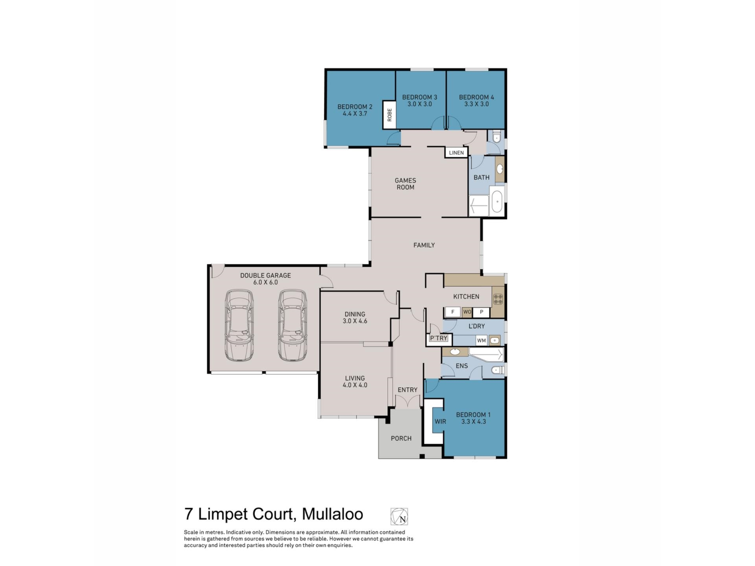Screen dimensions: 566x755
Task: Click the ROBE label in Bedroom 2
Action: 389,115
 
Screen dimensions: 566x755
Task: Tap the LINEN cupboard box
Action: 456,153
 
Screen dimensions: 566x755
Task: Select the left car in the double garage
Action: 239,325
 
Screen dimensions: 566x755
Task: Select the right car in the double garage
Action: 292,325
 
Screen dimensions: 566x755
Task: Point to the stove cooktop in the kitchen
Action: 498,299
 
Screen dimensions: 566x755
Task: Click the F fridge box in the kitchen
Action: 453,312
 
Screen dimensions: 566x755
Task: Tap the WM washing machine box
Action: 481,340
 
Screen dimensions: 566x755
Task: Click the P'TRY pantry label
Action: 438,338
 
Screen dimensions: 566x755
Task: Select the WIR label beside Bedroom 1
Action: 440,421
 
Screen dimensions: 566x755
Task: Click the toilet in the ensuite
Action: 497,370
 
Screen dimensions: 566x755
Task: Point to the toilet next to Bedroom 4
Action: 496,137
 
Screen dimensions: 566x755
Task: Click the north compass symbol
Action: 399,516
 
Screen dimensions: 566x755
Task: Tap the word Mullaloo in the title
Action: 332,514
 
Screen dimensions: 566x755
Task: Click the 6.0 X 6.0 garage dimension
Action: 265,283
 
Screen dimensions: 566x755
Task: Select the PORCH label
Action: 401,438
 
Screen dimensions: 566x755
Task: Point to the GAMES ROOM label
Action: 405,184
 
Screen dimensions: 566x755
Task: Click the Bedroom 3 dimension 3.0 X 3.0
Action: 420,104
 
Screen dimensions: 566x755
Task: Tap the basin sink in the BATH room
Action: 500,169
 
